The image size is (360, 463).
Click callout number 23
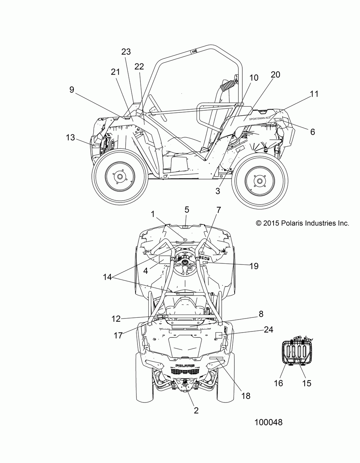[126, 52]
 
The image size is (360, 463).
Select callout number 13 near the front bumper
[71, 137]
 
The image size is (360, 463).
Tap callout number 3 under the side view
[217, 191]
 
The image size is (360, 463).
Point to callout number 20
[275, 75]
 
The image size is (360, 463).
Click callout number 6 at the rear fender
[312, 132]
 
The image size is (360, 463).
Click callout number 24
[268, 329]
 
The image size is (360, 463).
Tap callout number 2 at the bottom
[196, 410]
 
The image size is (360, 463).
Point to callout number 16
[278, 383]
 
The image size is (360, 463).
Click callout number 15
[307, 383]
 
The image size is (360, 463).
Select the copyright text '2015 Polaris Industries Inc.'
[302, 223]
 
